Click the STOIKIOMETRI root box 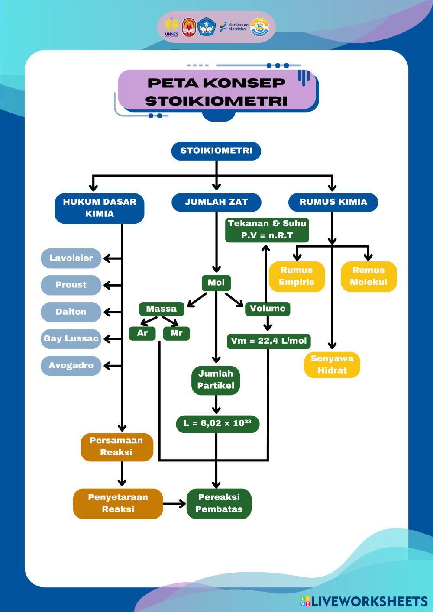216,151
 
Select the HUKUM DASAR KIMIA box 100,208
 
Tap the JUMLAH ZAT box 216,202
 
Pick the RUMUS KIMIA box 333,202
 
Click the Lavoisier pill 71,258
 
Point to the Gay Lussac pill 71,339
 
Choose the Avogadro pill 71,366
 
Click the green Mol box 216,283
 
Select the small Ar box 142,333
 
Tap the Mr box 176,333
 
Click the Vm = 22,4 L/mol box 268,341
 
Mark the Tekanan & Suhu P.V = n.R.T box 267,230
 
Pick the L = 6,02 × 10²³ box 217,424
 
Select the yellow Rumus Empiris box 297,277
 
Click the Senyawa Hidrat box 332,365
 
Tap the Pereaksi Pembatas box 219,503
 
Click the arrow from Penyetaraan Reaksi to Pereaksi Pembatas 174,504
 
